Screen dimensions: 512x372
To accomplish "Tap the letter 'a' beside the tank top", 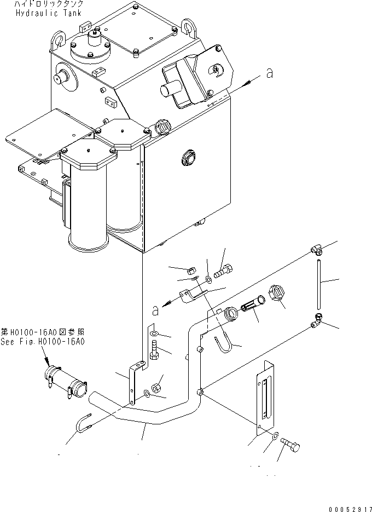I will point(268,73).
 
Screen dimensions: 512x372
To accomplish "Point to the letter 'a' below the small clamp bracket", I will point(155,310).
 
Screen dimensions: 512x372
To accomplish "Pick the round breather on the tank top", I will point(90,46).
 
